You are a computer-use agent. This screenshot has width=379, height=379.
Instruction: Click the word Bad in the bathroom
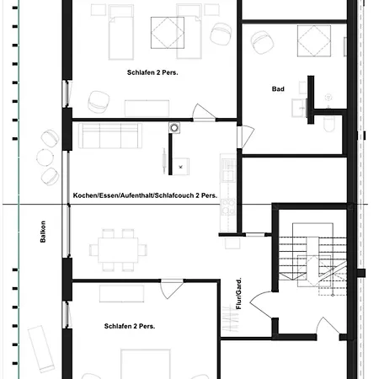(278, 88)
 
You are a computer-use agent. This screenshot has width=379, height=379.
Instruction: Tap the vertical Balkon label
(42, 232)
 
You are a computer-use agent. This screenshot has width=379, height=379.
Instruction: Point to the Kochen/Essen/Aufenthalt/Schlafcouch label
(145, 195)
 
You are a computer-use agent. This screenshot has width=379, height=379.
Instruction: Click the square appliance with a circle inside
(174, 127)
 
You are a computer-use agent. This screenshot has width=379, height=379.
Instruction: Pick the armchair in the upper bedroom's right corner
(222, 34)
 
